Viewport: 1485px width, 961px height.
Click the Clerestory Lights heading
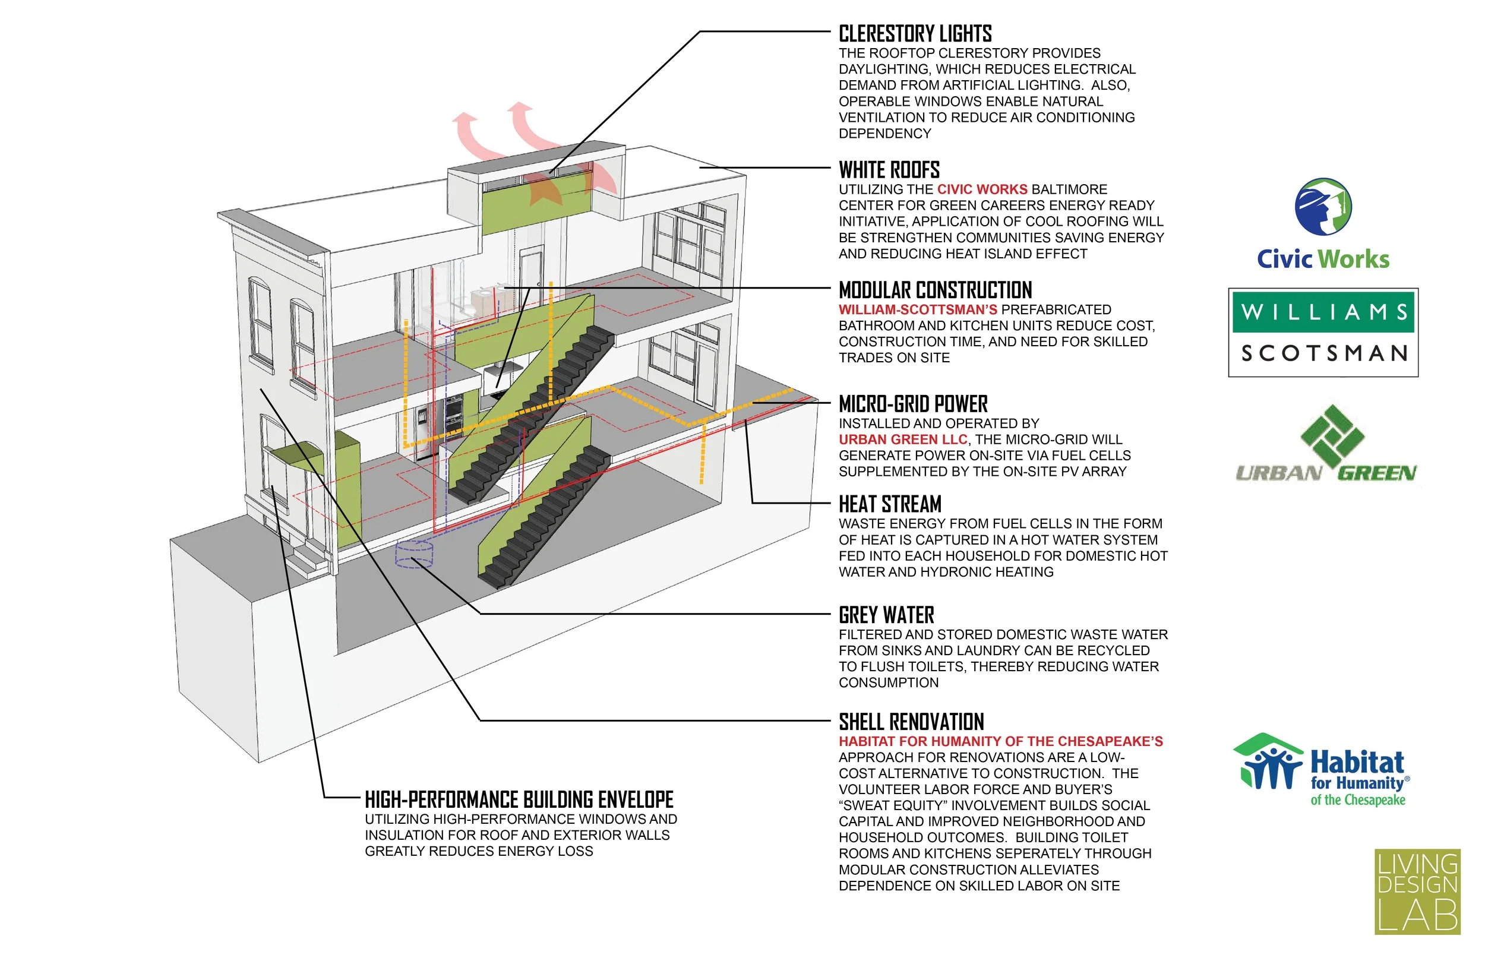915,34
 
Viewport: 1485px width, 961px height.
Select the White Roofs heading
889,170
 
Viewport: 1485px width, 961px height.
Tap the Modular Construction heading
935,290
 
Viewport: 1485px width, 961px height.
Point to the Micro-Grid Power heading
913,404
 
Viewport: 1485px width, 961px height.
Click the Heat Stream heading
890,504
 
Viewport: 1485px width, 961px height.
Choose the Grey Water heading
886,615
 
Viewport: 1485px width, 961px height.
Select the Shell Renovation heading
911,722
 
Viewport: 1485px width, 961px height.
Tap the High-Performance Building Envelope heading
519,799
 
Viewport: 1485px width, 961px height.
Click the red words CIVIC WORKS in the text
982,189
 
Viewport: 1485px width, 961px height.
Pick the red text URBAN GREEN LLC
902,440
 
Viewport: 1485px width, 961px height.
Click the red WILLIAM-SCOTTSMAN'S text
917,310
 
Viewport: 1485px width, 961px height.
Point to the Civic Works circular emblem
1323,207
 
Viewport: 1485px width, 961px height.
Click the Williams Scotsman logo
1323,333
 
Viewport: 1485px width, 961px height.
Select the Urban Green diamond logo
1332,437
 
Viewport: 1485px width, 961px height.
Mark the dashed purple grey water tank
413,554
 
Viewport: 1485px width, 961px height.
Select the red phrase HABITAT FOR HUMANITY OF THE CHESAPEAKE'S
1000,741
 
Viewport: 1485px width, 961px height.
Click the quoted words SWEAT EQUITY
892,805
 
